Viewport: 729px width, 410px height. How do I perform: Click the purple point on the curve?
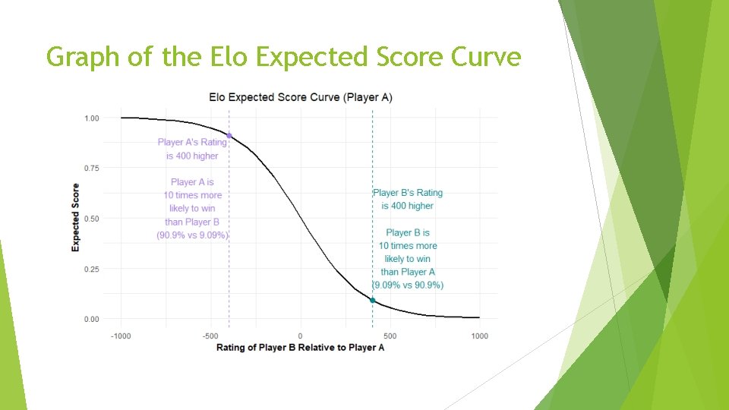229,136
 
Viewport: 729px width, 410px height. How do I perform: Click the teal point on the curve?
372,301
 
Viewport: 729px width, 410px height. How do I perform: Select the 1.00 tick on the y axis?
91,118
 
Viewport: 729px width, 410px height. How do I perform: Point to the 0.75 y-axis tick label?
91,168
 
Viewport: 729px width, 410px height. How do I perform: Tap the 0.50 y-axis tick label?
91,219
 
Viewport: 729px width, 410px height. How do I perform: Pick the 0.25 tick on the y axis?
91,270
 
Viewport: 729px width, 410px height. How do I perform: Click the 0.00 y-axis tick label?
91,320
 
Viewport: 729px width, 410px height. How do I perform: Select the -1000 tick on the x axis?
121,336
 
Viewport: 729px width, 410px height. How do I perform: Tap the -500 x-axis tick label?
210,336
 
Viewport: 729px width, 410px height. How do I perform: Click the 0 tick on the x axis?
300,336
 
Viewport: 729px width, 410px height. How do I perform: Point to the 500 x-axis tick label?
390,336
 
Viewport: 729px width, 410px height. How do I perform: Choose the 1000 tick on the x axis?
478,336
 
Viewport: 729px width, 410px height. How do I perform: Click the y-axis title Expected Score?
76,218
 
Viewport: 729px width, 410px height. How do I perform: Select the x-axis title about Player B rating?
300,348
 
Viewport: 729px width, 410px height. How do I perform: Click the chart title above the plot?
301,97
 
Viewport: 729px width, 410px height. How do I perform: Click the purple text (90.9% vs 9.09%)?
193,235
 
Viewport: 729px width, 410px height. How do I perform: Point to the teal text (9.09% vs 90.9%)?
408,285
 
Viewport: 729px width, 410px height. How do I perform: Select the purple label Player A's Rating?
192,142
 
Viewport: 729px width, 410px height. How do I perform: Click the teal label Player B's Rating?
408,193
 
